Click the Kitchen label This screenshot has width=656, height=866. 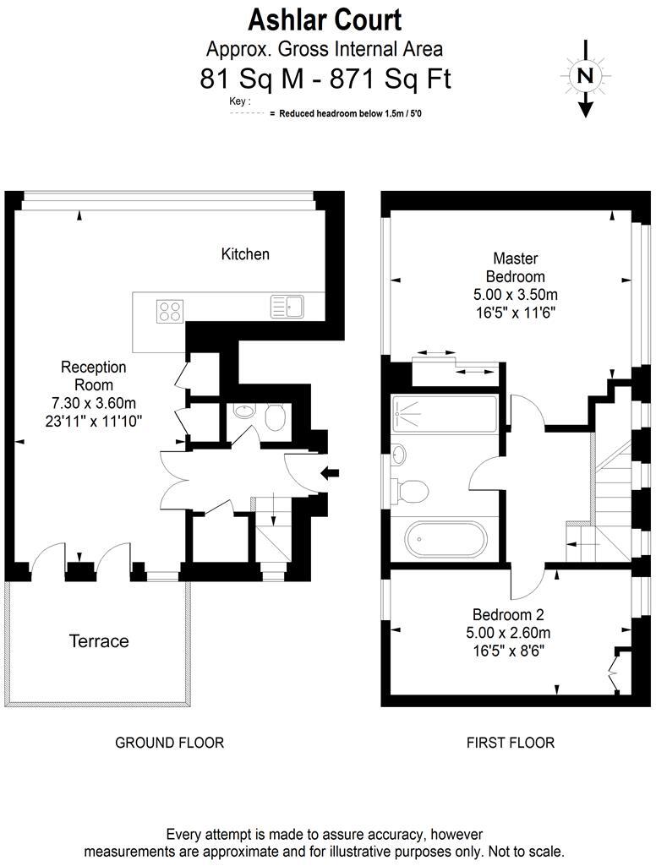point(245,253)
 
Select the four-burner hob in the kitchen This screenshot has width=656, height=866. point(170,311)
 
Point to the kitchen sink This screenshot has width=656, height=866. point(286,306)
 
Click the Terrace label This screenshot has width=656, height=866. point(99,641)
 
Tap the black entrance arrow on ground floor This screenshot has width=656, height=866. point(330,475)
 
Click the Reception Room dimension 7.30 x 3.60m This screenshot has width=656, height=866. point(93,402)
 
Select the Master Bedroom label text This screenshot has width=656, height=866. point(515,267)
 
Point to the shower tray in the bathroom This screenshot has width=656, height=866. point(444,413)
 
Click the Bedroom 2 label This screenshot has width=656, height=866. point(511,614)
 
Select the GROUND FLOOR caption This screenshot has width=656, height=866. point(169,743)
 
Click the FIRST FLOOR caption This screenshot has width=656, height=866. point(511,743)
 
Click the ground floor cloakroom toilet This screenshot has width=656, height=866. point(274,417)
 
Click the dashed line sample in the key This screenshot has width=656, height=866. point(248,112)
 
